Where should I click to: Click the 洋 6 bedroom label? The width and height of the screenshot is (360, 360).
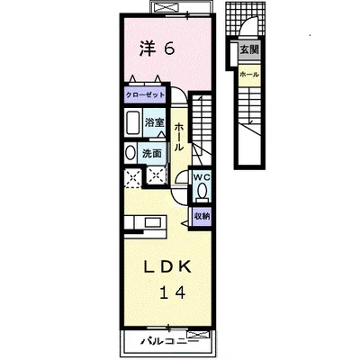[x=157, y=49]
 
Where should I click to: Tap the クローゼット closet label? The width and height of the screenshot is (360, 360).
[x=145, y=95]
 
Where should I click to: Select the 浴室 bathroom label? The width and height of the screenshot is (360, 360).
[x=154, y=122]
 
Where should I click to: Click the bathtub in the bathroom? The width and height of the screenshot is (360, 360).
[x=132, y=123]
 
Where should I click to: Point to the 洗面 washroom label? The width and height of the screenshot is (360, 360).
[x=152, y=154]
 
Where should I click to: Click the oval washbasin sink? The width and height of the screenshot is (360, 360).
[x=130, y=153]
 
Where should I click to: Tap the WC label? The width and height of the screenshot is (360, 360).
[x=202, y=177]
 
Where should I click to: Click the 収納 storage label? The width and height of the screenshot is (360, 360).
[x=202, y=216]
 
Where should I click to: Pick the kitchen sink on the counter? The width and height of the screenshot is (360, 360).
[x=154, y=223]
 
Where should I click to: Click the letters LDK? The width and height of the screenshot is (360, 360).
[x=167, y=267]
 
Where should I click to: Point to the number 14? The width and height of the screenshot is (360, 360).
[x=173, y=292]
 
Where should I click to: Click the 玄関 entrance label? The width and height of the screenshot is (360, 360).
[x=249, y=49]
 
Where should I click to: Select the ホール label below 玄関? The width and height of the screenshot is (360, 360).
[x=249, y=75]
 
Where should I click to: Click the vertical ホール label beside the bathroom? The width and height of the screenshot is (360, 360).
[x=178, y=137]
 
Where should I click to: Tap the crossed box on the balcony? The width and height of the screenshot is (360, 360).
[x=197, y=335]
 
